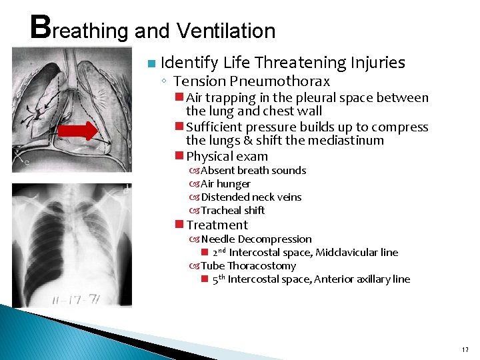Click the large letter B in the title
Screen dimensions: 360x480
[41, 27]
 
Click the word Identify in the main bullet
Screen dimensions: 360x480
[189, 63]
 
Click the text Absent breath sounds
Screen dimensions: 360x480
[253, 171]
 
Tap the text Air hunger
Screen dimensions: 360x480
[225, 184]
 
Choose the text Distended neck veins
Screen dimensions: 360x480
[251, 197]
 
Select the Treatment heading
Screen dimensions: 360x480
[217, 225]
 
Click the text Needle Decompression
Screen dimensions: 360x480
[256, 239]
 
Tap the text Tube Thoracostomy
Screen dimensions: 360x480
[248, 266]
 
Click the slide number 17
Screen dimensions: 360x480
[464, 349]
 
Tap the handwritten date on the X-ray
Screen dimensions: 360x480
[79, 295]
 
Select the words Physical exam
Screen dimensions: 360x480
[227, 157]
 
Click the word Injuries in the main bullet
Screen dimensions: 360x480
[375, 63]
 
